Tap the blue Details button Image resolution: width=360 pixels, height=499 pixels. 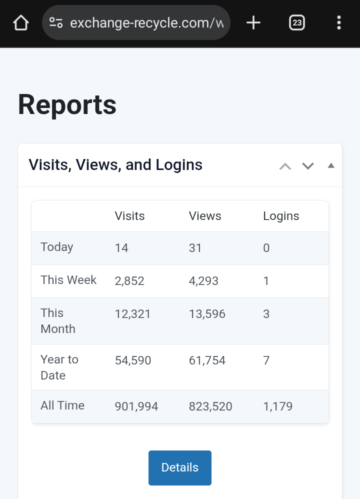click(180, 467)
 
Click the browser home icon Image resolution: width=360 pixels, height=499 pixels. click(21, 22)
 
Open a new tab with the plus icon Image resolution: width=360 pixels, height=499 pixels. click(253, 22)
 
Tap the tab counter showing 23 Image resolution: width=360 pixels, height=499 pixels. click(297, 22)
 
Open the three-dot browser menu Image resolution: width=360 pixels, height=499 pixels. click(339, 22)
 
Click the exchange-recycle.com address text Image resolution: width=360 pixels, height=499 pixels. click(147, 22)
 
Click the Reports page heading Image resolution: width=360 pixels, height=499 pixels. click(67, 105)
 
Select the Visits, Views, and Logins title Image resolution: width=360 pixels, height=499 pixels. click(115, 165)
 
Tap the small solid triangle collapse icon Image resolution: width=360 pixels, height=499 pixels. click(331, 165)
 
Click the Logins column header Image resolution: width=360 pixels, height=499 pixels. click(281, 216)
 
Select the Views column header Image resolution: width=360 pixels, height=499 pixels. click(205, 216)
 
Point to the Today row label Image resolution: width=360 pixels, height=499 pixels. click(57, 247)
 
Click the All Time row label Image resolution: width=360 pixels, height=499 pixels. click(62, 405)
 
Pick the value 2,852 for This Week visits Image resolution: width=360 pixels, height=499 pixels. click(129, 281)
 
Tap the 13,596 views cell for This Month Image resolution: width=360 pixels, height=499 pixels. click(207, 314)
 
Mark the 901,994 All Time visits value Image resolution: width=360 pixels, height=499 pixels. click(136, 406)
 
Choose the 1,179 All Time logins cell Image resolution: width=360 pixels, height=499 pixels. click(277, 406)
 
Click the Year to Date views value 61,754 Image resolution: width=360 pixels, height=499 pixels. click(207, 360)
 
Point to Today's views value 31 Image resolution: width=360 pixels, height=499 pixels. click(195, 248)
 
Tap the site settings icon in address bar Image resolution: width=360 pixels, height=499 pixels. click(56, 22)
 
